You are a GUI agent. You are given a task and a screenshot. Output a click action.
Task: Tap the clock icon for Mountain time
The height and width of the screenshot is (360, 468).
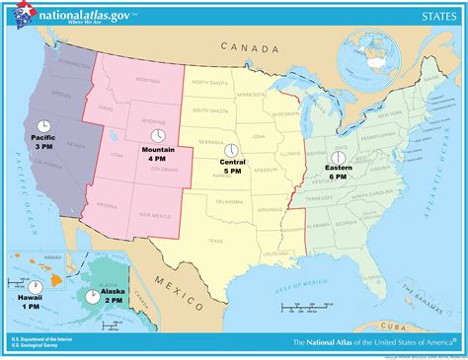click(x=156, y=135)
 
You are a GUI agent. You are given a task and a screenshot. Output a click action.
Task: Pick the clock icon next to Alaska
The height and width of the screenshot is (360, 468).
click(x=92, y=295)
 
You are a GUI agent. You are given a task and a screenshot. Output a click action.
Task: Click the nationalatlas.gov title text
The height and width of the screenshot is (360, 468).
click(x=83, y=12)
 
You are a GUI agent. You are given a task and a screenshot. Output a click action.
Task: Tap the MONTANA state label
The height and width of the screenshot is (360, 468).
click(x=148, y=81)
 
